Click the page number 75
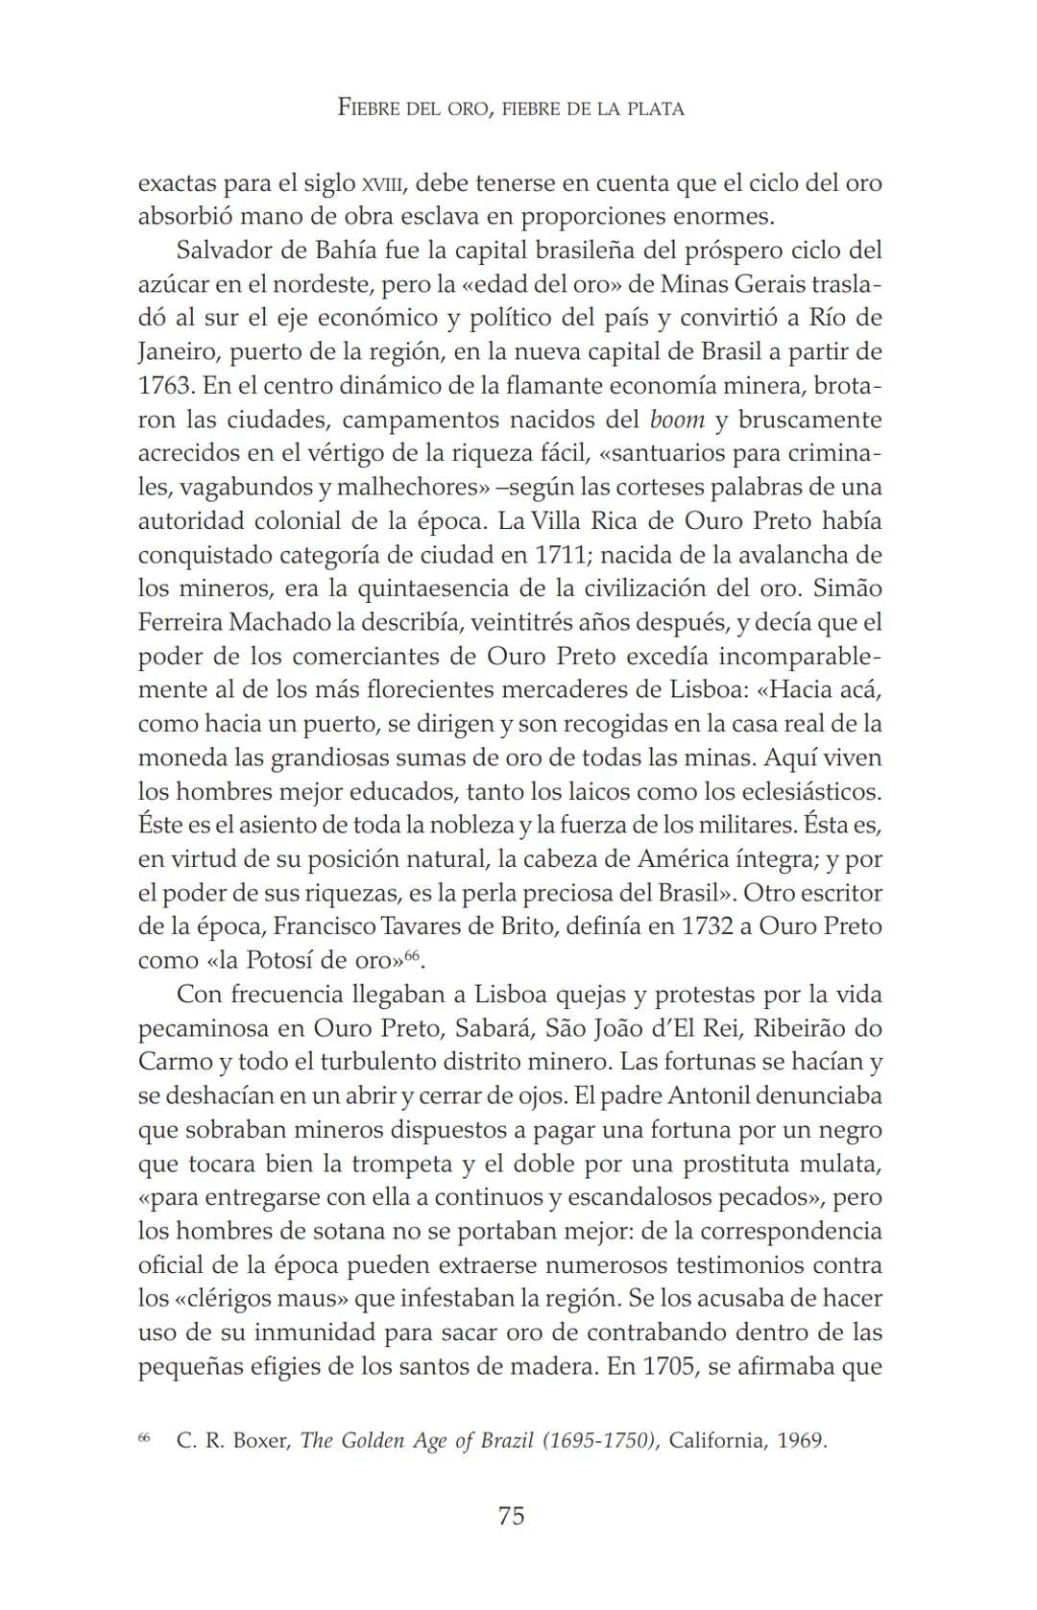tap(511, 1516)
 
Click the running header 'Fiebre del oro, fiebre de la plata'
tap(511, 108)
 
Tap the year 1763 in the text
tap(166, 386)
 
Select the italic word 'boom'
tap(677, 421)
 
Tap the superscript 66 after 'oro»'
tap(412, 955)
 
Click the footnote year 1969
tap(801, 1441)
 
